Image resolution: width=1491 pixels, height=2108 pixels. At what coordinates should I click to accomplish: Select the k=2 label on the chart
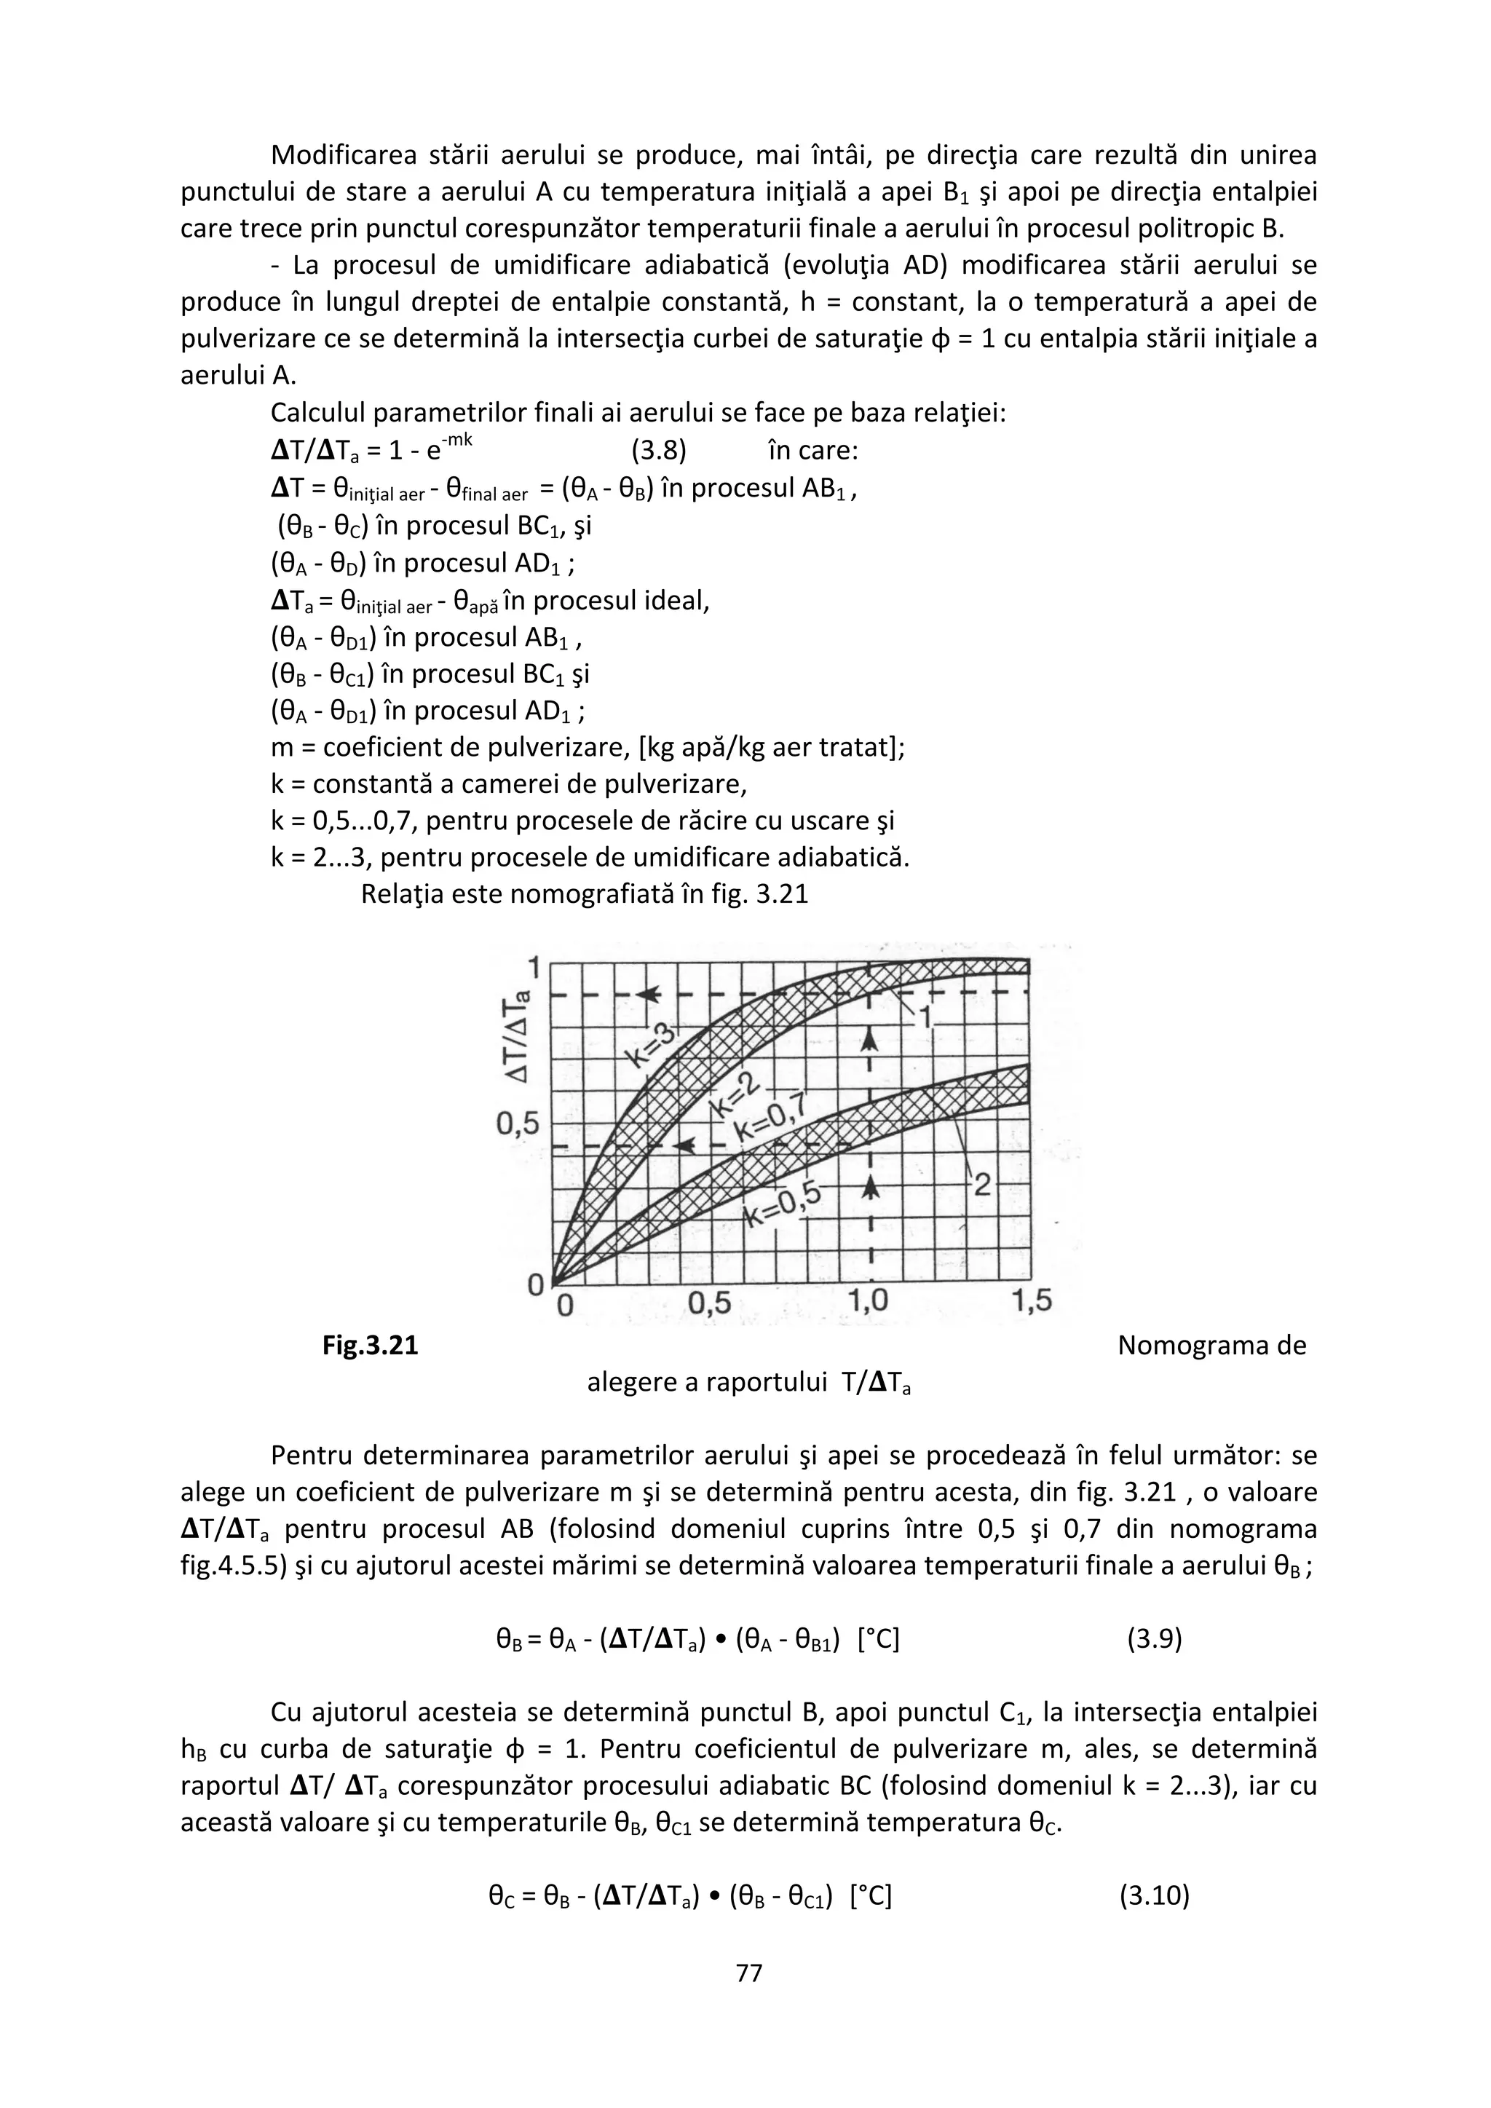point(735,1094)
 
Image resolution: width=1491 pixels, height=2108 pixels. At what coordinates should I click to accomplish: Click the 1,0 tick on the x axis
point(868,1302)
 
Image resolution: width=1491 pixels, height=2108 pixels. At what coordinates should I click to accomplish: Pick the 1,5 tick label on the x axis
point(1032,1302)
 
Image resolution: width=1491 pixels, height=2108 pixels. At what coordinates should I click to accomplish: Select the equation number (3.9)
point(1154,1639)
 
